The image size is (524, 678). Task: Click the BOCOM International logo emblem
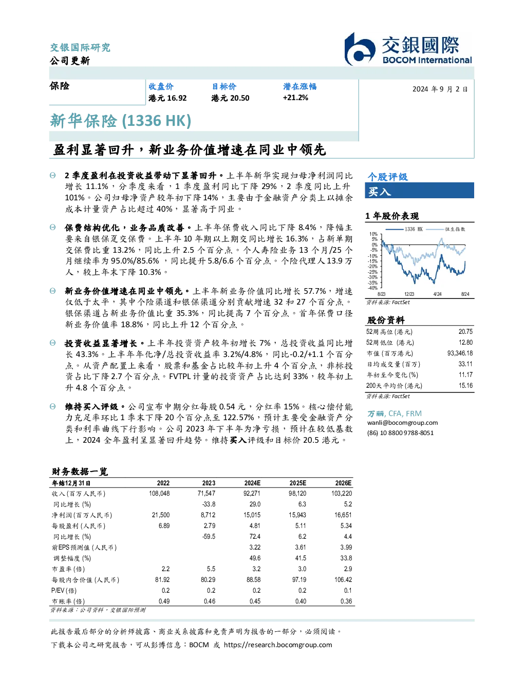(x=360, y=49)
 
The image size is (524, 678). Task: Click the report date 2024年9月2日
(x=440, y=89)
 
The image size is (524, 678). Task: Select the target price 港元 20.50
(x=230, y=98)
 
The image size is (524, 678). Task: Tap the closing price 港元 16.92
(x=167, y=98)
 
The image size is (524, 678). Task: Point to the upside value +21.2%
(x=295, y=98)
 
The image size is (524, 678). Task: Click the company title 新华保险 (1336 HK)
(x=120, y=121)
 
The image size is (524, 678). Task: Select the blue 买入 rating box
(x=419, y=191)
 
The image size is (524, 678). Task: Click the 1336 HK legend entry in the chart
(x=404, y=229)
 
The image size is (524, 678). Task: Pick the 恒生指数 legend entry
(x=446, y=229)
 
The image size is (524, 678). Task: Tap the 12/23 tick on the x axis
(x=409, y=294)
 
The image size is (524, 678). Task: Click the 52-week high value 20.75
(x=465, y=331)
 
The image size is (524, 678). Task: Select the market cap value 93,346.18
(x=460, y=353)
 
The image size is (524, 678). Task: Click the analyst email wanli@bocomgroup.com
(x=402, y=422)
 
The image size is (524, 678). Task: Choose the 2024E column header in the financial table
(x=252, y=483)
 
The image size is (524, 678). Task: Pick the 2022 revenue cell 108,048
(x=159, y=493)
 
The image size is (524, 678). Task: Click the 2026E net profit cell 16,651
(x=343, y=515)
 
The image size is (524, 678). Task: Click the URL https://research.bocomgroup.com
(x=278, y=645)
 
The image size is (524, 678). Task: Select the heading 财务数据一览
(x=80, y=472)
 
